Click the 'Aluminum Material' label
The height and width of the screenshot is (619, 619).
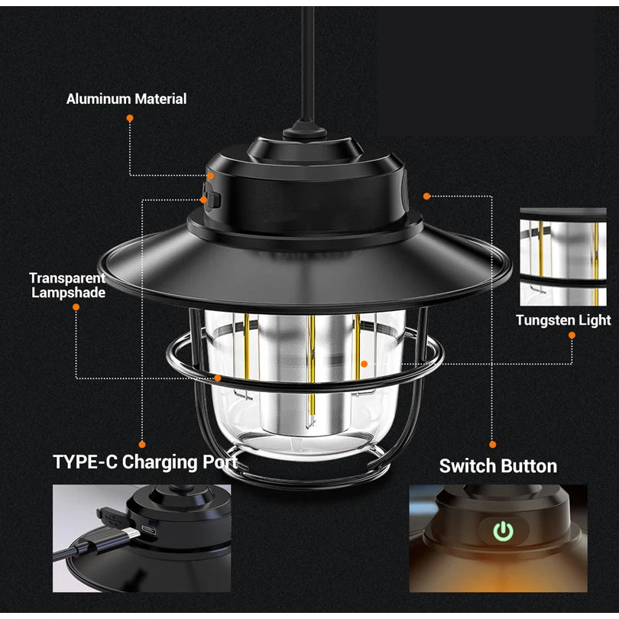point(126,99)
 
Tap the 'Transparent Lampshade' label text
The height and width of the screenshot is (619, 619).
point(68,285)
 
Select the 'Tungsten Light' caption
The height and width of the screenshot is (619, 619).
point(563,320)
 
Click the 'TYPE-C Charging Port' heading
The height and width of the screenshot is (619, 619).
point(145,462)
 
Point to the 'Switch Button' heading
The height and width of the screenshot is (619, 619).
point(498,466)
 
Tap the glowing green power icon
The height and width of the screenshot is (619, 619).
point(504,531)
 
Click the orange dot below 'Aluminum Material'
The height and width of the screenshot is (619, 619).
point(130,118)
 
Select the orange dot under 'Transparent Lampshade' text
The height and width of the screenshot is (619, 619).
point(76,307)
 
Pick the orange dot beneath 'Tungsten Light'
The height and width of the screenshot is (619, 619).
point(572,335)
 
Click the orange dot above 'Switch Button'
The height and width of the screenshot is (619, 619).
point(493,445)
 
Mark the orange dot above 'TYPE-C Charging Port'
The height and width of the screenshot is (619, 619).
point(142,445)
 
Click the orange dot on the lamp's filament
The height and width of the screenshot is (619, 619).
point(365,364)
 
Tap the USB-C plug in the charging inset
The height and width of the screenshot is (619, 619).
point(118,538)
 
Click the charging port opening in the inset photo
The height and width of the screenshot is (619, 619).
point(149,530)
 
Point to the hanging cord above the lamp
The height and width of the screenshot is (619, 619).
point(307,63)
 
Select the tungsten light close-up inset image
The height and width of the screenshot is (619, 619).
point(563,257)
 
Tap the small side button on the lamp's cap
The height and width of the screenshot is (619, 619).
point(212,199)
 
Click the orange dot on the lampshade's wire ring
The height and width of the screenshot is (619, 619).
point(218,378)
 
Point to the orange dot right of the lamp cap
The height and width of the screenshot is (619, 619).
point(426,196)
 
